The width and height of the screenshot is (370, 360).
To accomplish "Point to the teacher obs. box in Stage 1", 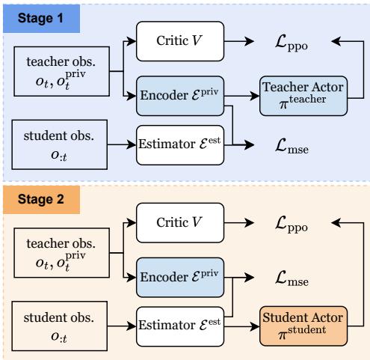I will (58, 73).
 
